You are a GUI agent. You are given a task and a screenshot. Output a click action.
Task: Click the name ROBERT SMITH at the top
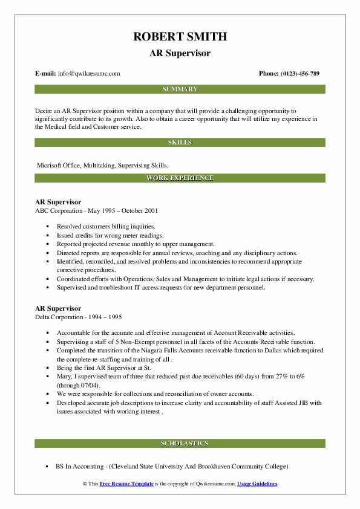click(x=180, y=37)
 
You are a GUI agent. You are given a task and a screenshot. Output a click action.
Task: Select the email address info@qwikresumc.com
click(x=89, y=74)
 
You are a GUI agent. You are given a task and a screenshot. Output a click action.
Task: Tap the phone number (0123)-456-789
click(x=298, y=74)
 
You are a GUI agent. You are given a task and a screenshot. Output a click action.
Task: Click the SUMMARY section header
click(x=180, y=89)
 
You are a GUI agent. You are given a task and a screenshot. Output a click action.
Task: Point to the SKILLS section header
click(x=180, y=143)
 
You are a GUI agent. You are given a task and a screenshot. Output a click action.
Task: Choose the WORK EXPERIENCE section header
click(x=180, y=178)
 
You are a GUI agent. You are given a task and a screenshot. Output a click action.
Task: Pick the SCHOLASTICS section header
click(x=180, y=444)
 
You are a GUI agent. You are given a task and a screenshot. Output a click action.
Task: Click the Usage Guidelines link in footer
click(x=257, y=484)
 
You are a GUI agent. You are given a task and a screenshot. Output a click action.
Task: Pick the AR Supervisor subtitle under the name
click(x=180, y=53)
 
